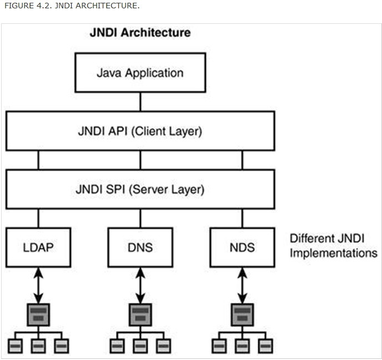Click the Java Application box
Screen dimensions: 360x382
pyautogui.click(x=140, y=73)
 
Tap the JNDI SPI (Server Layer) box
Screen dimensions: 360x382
pyautogui.click(x=140, y=189)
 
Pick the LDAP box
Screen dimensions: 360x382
pyautogui.click(x=38, y=247)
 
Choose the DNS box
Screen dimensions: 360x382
pyautogui.click(x=140, y=247)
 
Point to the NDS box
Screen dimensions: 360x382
pyautogui.click(x=242, y=247)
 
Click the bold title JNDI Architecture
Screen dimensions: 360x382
pyautogui.click(x=140, y=32)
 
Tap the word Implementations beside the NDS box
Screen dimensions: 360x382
pyautogui.click(x=333, y=253)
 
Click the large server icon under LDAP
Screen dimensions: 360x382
pyautogui.click(x=38, y=315)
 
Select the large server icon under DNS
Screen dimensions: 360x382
pyautogui.click(x=140, y=315)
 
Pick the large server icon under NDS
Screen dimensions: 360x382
pyautogui.click(x=242, y=315)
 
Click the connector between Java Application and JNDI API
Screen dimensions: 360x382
pyautogui.click(x=140, y=102)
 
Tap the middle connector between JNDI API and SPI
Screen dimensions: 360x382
pyautogui.click(x=140, y=160)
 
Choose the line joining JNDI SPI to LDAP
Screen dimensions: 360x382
pyautogui.click(x=38, y=218)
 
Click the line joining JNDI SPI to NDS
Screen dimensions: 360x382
pyautogui.click(x=242, y=218)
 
